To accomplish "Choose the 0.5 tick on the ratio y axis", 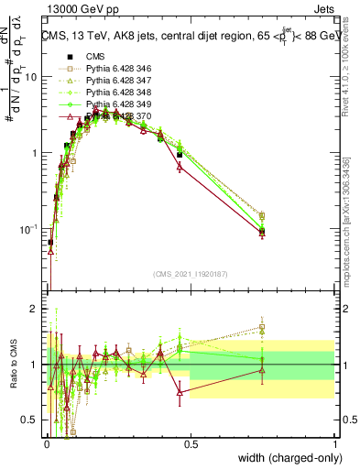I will (x=31, y=420).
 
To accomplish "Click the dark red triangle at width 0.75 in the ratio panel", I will (x=262, y=370).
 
